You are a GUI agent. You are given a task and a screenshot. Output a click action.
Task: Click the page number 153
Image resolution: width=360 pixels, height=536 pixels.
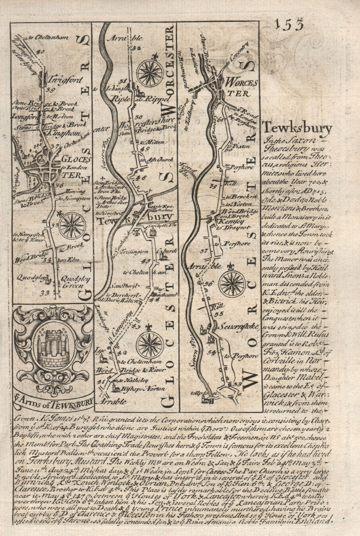[289, 25]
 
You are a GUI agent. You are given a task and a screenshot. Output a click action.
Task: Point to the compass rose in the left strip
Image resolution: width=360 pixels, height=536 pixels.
[72, 223]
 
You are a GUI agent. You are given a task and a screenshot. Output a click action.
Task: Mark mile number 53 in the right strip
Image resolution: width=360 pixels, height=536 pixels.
[237, 384]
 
